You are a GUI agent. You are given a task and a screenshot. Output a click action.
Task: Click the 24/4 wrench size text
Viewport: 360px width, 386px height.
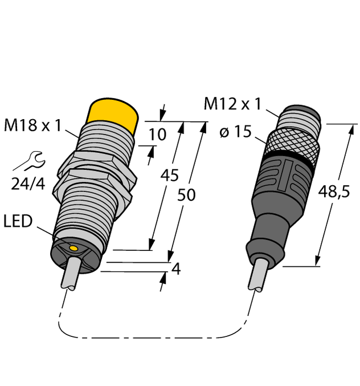coord(29,184)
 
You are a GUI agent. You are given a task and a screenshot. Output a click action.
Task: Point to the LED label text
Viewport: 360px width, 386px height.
coord(19,221)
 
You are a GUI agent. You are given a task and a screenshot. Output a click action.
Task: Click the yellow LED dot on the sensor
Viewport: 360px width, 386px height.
coord(73,247)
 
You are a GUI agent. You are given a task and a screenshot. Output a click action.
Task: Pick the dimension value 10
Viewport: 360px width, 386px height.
coord(157,135)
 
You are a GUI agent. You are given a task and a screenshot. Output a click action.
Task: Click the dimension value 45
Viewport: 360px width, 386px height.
coord(169,175)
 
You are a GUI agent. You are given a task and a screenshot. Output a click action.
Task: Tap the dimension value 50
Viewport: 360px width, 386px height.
coord(186,195)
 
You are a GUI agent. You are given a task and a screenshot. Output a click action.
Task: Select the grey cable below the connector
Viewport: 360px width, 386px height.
coord(257,276)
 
